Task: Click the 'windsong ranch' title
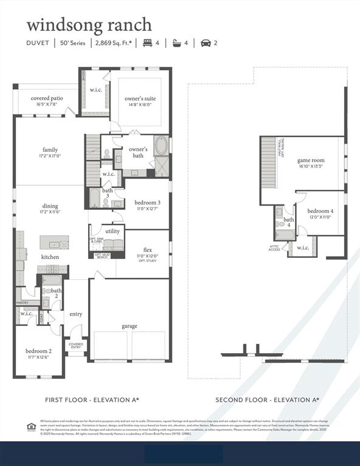89,25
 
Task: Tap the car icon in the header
205,43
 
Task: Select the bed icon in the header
147,43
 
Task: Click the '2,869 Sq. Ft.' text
115,43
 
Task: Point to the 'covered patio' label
47,98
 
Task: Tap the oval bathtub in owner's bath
163,146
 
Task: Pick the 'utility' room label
112,231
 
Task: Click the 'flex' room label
148,249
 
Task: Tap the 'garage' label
129,326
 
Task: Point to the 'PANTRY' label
22,302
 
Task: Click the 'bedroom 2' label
38,351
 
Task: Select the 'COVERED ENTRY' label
76,345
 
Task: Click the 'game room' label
310,161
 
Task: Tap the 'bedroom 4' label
320,211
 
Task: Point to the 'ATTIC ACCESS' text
275,248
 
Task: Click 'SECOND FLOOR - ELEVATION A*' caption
267,399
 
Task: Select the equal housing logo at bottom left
32,427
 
